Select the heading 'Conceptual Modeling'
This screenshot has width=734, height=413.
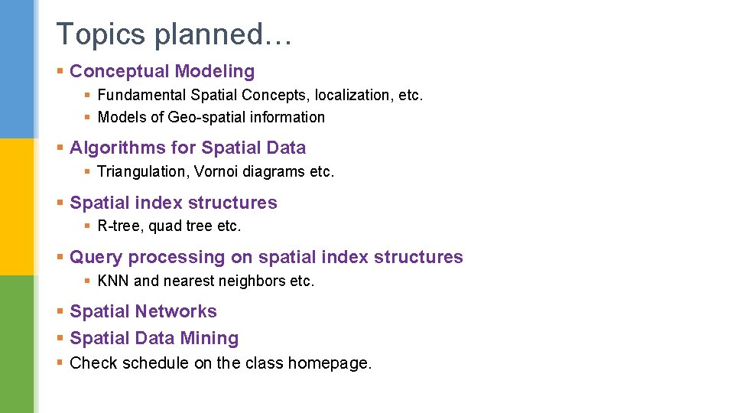(162, 72)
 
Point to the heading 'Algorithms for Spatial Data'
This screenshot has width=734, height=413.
(187, 148)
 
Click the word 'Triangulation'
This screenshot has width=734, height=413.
(143, 172)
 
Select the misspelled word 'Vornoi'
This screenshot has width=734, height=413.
(219, 172)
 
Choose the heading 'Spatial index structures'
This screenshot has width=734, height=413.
(174, 203)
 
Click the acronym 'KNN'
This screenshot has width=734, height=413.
(114, 281)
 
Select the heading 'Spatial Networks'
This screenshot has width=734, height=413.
(143, 312)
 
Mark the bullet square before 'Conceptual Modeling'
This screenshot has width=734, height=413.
(60, 72)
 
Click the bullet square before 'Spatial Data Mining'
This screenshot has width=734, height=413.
(60, 339)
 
